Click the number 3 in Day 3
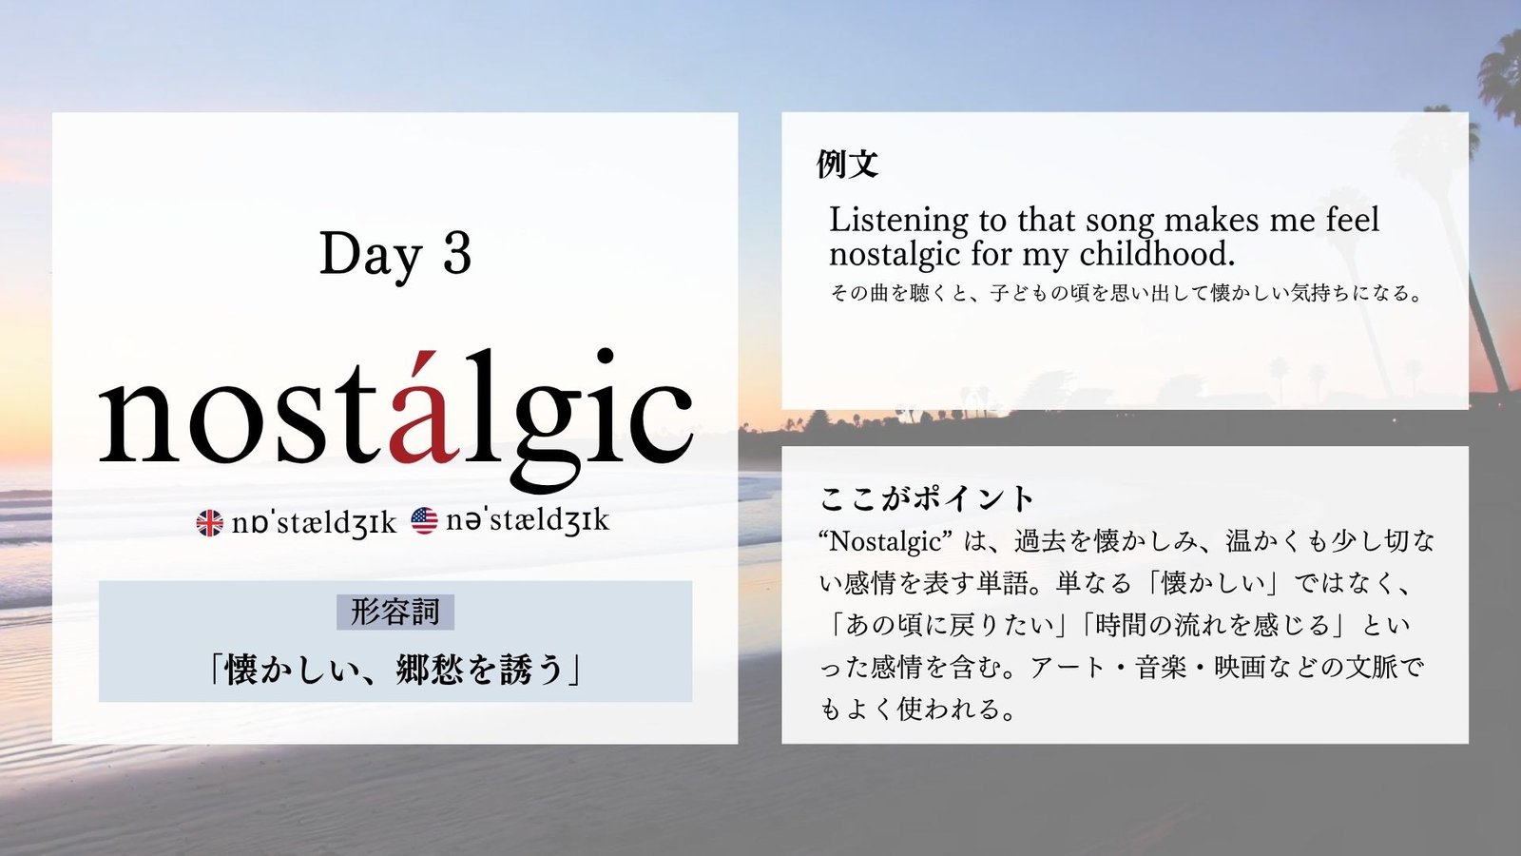[457, 254]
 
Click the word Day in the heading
[371, 256]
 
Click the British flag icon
[209, 523]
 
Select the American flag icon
[424, 521]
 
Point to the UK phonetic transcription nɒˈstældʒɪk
[314, 522]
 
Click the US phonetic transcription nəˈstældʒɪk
[528, 520]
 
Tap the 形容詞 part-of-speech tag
[395, 613]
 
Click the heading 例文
[847, 164]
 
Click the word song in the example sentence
[1120, 223]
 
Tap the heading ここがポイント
[927, 499]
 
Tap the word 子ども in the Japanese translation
[1020, 293]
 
